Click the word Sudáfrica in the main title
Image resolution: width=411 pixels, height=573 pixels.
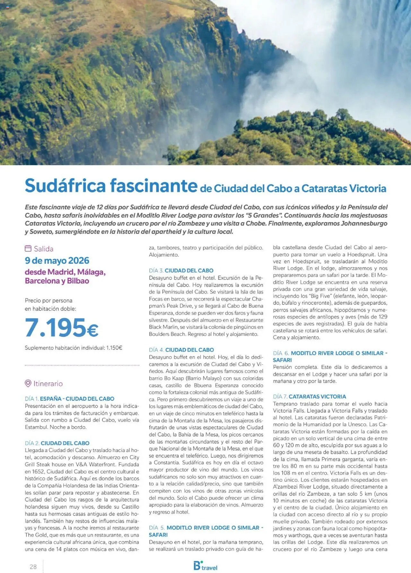click(65, 186)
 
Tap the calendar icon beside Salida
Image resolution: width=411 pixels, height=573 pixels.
click(28, 249)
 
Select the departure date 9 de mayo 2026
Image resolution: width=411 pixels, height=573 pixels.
click(57, 260)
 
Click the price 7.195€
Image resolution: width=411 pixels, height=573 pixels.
click(61, 328)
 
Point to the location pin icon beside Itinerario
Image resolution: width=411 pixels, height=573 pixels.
click(28, 383)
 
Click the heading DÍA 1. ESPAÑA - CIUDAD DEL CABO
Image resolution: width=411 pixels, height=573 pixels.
click(69, 399)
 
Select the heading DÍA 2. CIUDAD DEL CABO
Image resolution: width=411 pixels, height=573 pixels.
click(57, 443)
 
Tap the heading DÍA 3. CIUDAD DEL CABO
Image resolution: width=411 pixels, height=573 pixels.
click(181, 270)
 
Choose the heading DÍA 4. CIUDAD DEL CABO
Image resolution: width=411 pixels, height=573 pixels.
click(181, 350)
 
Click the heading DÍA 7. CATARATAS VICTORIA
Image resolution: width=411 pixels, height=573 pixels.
click(309, 396)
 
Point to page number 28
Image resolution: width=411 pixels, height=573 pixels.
click(33, 567)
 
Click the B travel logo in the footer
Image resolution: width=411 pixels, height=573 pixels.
click(205, 566)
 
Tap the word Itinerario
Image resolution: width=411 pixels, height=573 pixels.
click(48, 383)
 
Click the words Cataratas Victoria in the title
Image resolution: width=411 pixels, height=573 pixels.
click(344, 188)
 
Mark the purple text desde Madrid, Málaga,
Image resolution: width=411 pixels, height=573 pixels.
click(65, 272)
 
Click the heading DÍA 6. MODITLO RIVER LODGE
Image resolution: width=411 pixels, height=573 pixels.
click(330, 353)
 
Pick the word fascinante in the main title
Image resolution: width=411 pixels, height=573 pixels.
click(153, 186)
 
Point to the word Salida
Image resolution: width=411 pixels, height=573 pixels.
click(44, 249)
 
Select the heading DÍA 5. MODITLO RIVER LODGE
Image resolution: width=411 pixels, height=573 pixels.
click(206, 527)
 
